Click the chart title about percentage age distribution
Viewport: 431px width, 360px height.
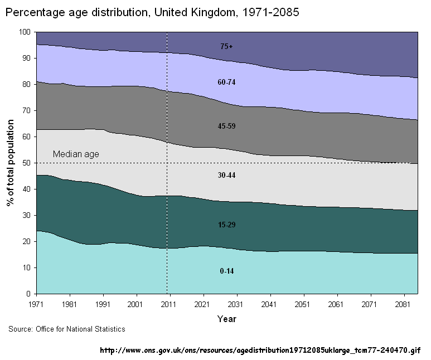point(152,12)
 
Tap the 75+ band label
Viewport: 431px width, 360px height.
point(226,47)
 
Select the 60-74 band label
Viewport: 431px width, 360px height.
point(226,82)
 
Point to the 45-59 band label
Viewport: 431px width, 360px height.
point(226,126)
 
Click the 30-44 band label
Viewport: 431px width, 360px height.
point(226,175)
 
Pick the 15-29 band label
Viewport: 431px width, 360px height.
point(226,225)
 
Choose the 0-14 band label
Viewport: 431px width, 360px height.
point(226,271)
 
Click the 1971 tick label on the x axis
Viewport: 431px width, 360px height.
point(36,305)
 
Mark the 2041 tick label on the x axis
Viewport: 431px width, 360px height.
point(270,305)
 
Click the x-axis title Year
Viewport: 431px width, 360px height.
point(227,319)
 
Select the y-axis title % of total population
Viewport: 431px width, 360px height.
point(11,162)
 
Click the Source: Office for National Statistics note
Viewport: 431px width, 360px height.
point(67,329)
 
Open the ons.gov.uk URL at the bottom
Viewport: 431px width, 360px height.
point(260,351)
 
